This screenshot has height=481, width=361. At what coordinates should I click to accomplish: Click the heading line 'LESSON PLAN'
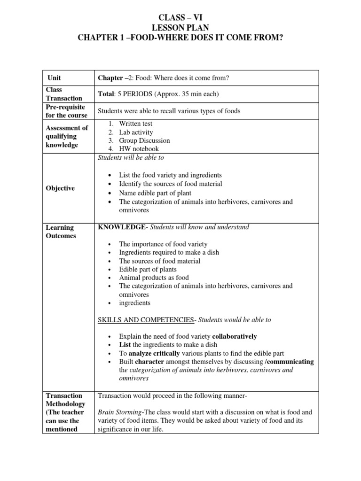pyautogui.click(x=180, y=28)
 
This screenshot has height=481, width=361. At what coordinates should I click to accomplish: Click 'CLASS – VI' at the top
pyautogui.click(x=180, y=18)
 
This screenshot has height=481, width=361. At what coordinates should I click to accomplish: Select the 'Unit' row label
pyautogui.click(x=54, y=78)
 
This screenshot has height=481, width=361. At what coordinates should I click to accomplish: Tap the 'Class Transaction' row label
pyautogui.click(x=63, y=94)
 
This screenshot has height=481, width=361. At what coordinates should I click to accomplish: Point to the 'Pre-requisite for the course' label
pyautogui.click(x=66, y=111)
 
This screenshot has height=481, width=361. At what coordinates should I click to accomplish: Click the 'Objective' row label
pyautogui.click(x=60, y=188)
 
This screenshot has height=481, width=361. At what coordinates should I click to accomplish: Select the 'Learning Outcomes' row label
pyautogui.click(x=61, y=232)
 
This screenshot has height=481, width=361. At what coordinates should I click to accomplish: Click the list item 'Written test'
pyautogui.click(x=135, y=124)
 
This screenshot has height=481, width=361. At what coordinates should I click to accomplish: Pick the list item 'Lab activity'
pyautogui.click(x=135, y=132)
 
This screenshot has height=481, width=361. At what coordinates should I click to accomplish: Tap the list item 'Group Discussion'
pyautogui.click(x=144, y=140)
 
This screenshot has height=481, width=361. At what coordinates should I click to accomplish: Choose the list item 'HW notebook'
pyautogui.click(x=139, y=149)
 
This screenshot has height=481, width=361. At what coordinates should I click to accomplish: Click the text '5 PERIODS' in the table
pyautogui.click(x=134, y=94)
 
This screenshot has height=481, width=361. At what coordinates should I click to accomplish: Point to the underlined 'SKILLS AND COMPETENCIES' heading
pyautogui.click(x=146, y=320)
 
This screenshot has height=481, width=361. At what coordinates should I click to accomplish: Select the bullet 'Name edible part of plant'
pyautogui.click(x=155, y=193)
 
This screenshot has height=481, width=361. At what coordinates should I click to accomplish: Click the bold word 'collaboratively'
pyautogui.click(x=235, y=336)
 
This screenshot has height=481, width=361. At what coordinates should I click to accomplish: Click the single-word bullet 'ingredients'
pyautogui.click(x=134, y=303)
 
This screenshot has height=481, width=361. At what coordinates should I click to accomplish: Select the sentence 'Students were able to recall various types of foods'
pyautogui.click(x=168, y=111)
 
